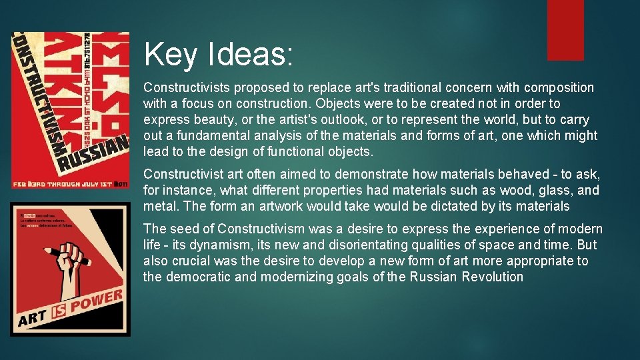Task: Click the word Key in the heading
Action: point(170,54)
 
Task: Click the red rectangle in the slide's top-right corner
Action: point(565,29)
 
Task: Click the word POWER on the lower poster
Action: point(97,304)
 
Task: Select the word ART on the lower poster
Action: point(34,319)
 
